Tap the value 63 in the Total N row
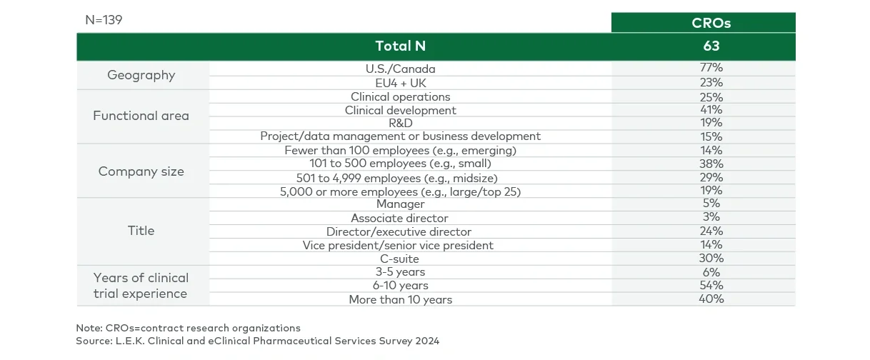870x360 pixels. click(711, 46)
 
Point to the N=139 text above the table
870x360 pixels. click(104, 20)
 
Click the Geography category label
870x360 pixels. click(141, 75)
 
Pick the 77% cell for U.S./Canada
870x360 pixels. click(711, 69)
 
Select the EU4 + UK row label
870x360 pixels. click(400, 82)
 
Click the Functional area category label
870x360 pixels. click(141, 116)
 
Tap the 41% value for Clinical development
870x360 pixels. click(711, 110)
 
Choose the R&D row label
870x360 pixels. click(400, 123)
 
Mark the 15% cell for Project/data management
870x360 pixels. click(711, 136)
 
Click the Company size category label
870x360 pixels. click(141, 171)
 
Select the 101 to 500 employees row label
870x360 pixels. click(400, 164)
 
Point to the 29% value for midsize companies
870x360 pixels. click(711, 177)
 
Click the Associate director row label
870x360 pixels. click(400, 218)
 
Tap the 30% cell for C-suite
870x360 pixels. click(711, 258)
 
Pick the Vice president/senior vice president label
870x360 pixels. click(398, 245)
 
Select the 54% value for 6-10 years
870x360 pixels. click(711, 286)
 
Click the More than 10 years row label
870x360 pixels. click(400, 299)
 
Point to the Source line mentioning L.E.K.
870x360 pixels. click(257, 341)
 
